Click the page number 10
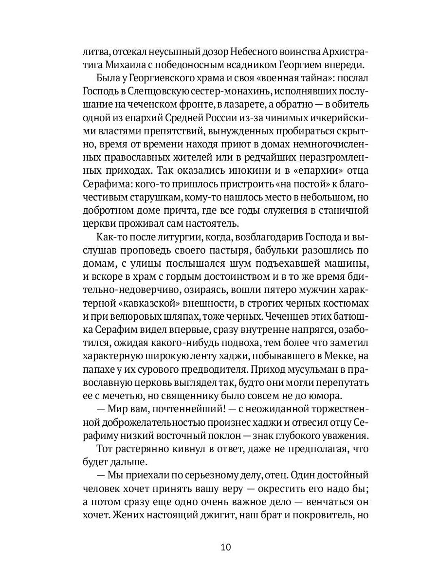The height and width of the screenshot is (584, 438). tap(225, 547)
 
